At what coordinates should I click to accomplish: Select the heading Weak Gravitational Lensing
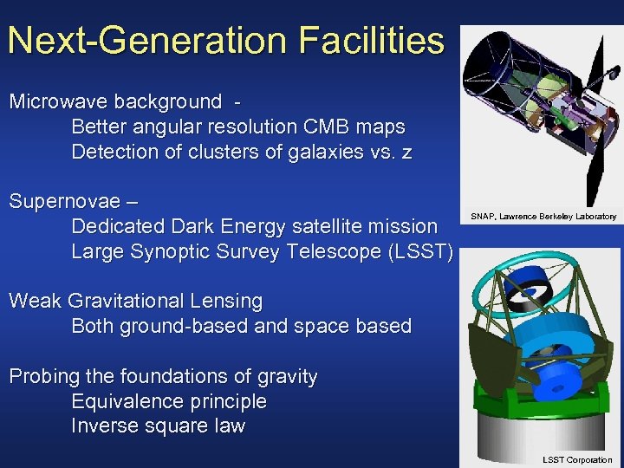(135, 302)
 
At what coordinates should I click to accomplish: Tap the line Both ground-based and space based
(241, 327)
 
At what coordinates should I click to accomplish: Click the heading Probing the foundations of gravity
(163, 377)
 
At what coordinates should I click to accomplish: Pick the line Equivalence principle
(169, 402)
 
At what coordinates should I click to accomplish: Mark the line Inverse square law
(158, 426)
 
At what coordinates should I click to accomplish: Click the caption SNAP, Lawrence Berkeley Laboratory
(543, 216)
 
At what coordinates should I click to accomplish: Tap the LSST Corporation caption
(576, 460)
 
